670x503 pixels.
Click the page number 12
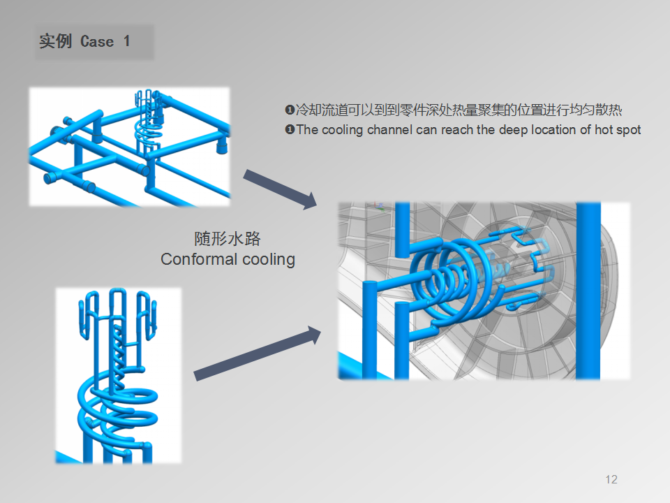(x=611, y=479)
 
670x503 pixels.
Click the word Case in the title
(x=97, y=41)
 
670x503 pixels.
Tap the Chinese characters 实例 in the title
(x=56, y=41)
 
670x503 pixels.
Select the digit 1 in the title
(x=126, y=41)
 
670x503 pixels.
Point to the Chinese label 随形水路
(x=228, y=239)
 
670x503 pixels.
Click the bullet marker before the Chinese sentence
(x=290, y=110)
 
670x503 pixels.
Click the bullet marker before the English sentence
(x=290, y=129)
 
